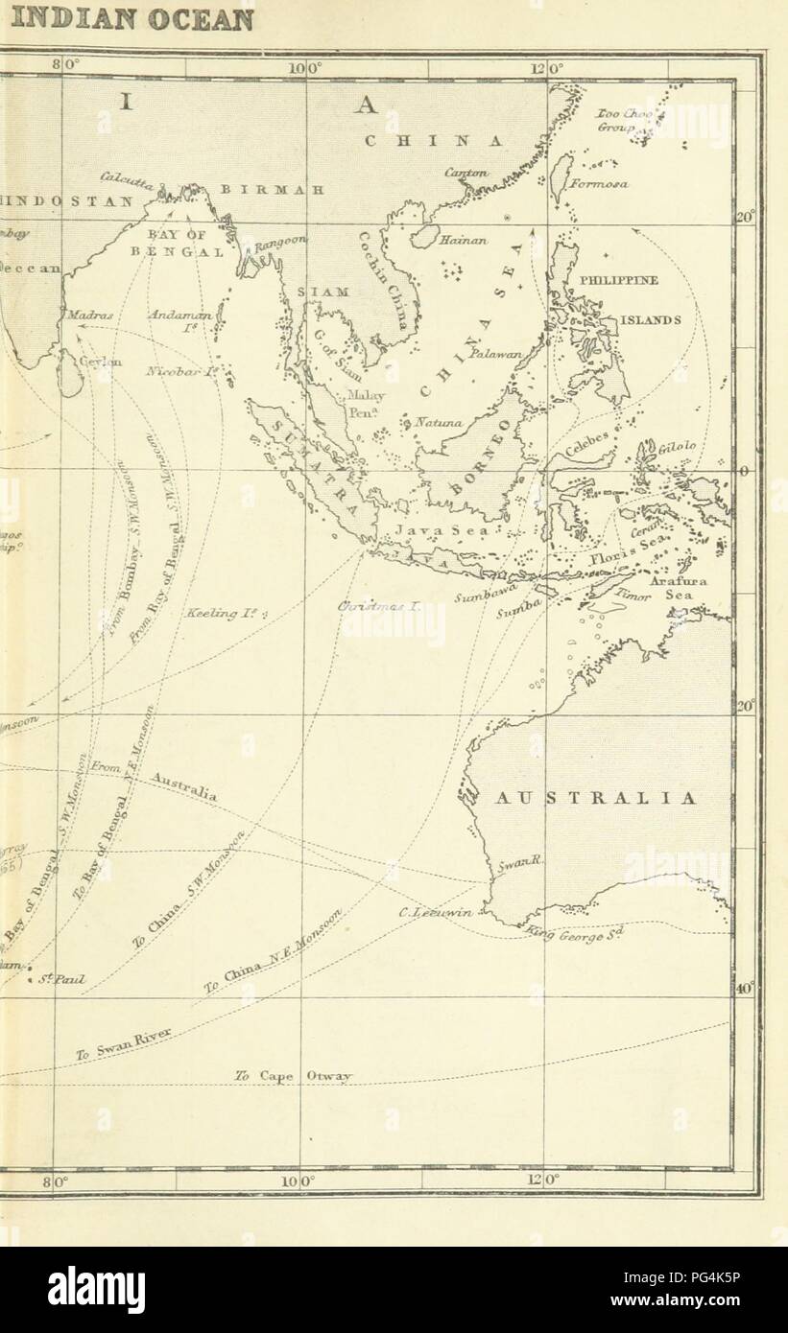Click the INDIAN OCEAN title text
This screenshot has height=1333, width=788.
coord(127,19)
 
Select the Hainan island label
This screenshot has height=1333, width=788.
coord(463,243)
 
